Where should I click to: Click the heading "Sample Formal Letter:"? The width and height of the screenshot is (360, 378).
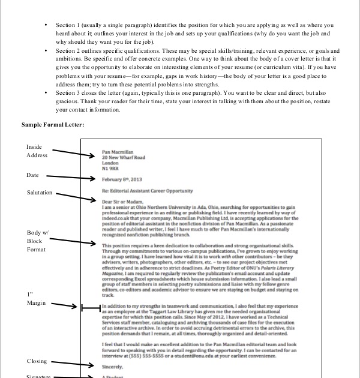click(x=53, y=124)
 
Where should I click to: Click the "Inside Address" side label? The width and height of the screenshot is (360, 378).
click(x=36, y=151)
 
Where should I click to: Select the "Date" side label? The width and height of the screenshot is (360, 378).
click(x=32, y=175)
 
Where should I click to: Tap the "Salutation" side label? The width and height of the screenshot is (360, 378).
click(x=40, y=193)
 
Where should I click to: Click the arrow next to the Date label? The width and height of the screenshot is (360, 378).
click(x=70, y=178)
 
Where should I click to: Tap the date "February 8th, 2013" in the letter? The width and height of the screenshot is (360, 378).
click(x=122, y=179)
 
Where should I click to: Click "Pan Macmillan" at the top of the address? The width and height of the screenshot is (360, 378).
click(x=118, y=152)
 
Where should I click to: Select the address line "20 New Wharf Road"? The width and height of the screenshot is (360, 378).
click(x=124, y=158)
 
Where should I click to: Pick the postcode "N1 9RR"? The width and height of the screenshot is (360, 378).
click(x=110, y=169)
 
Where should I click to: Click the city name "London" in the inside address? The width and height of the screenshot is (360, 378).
click(x=110, y=163)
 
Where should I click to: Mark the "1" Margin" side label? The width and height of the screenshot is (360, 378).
click(x=36, y=299)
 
